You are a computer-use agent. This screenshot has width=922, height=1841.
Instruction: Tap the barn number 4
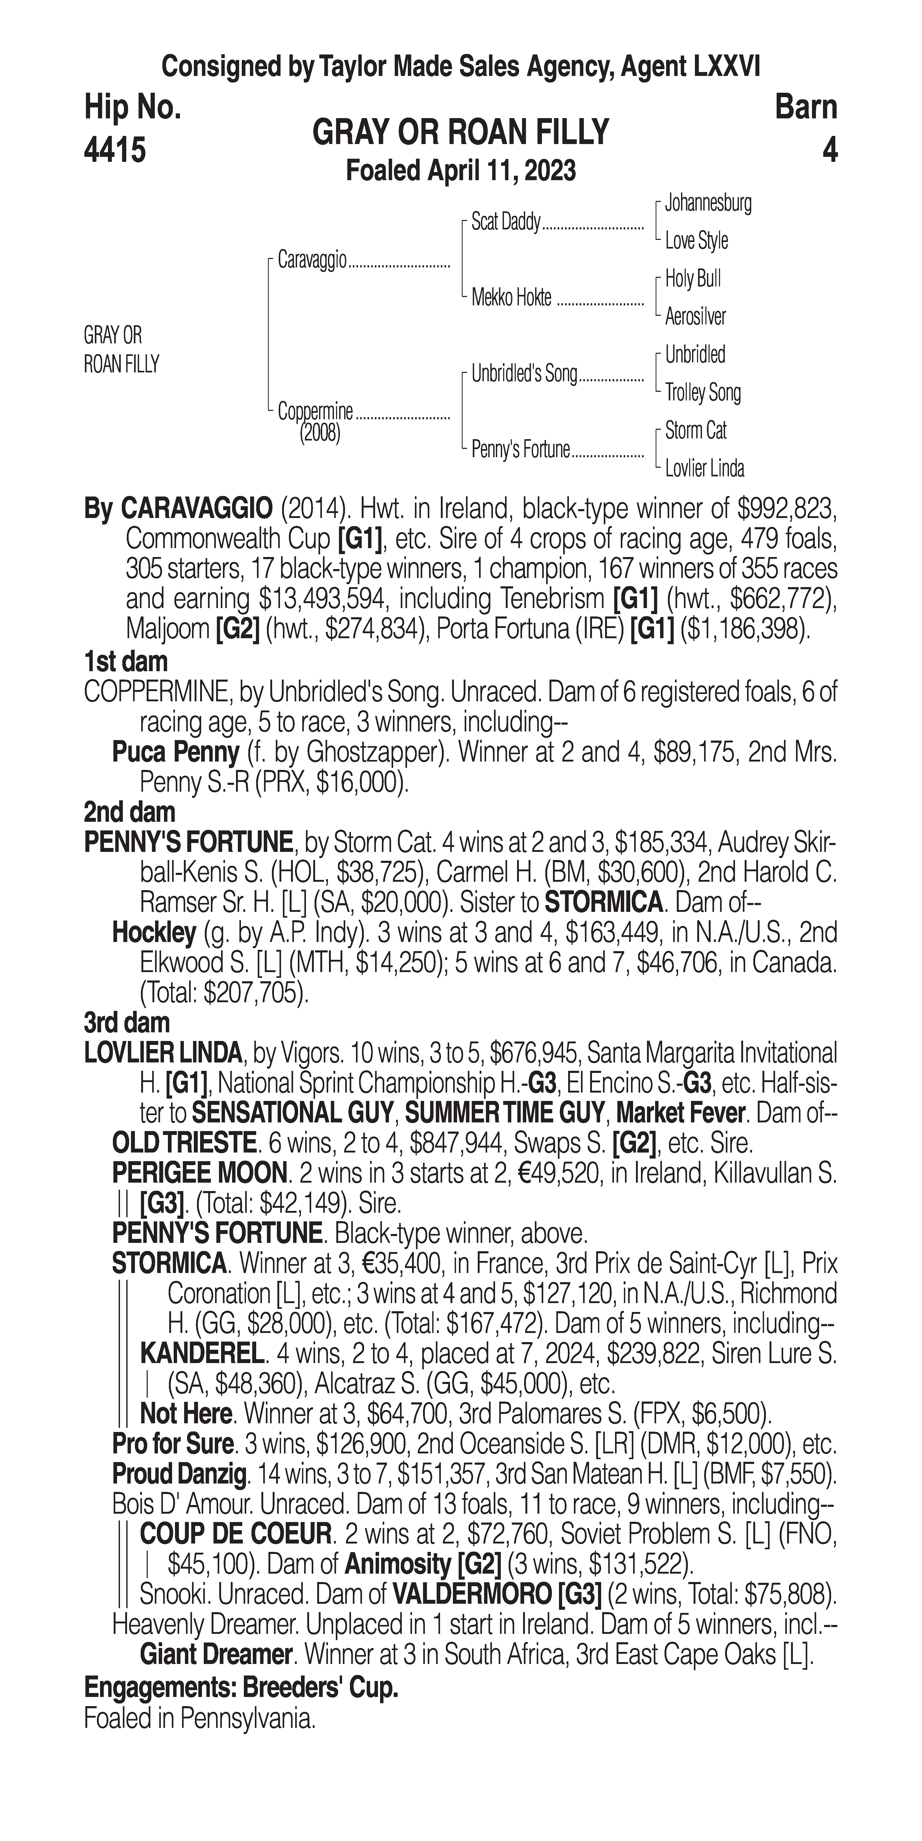pyautogui.click(x=829, y=151)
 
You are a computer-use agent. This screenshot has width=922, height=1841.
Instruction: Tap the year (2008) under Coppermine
pyautogui.click(x=320, y=433)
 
